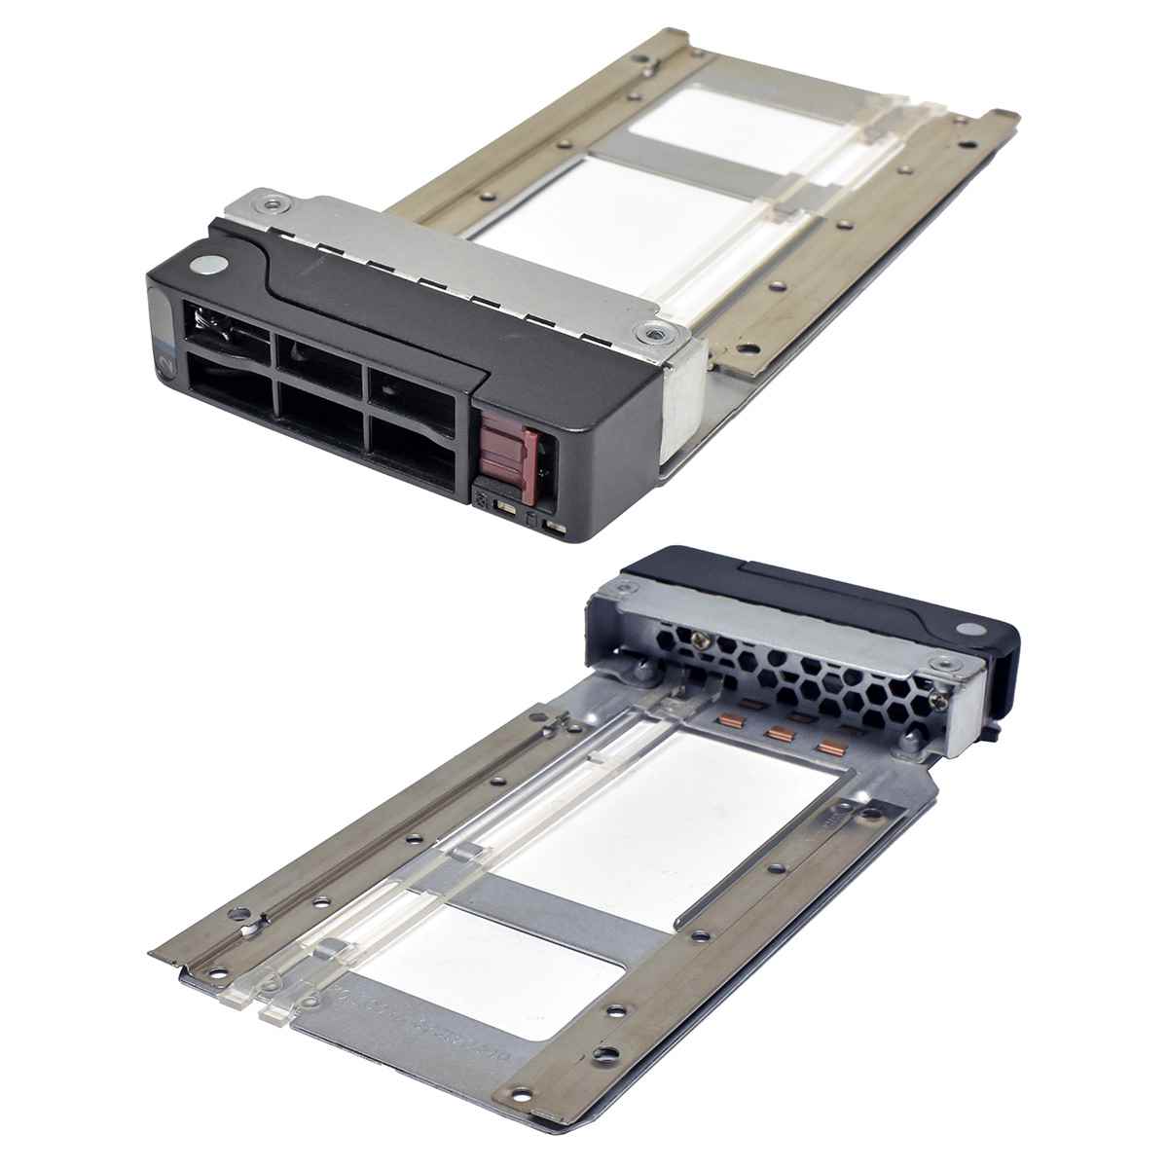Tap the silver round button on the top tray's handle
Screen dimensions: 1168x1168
(210, 264)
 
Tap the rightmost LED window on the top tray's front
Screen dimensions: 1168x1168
(555, 527)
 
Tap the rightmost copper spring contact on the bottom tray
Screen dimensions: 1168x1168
(830, 748)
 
